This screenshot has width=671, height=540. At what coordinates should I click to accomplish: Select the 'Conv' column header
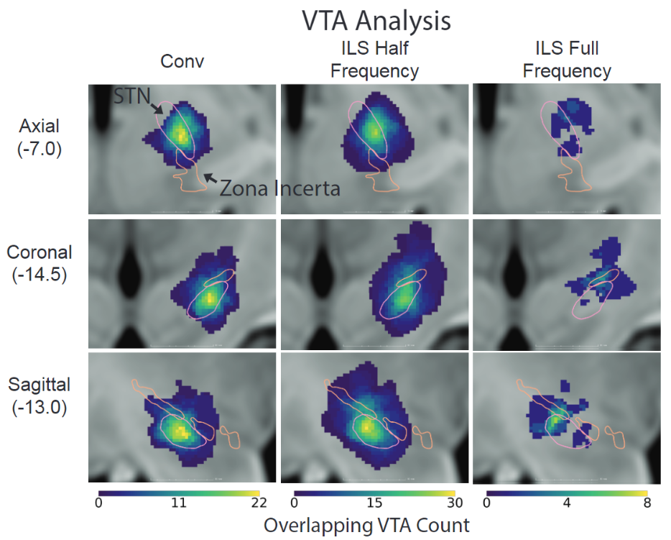tap(182, 61)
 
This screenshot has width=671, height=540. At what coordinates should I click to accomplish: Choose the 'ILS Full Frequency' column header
tap(567, 60)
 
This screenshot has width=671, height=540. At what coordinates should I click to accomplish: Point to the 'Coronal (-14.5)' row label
tap(40, 263)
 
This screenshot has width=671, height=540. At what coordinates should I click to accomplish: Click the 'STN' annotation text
tap(131, 96)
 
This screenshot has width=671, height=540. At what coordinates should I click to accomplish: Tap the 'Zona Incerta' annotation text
tap(279, 188)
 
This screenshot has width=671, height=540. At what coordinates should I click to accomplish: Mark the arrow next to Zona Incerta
tap(208, 178)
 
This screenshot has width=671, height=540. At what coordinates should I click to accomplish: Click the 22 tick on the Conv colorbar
tap(260, 503)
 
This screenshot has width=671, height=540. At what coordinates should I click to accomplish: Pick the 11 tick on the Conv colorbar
tap(179, 503)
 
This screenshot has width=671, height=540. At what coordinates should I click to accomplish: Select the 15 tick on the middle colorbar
tap(374, 503)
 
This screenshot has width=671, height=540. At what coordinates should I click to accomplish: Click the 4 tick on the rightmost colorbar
tap(567, 503)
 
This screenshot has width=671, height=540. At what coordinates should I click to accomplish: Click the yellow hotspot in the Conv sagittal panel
tap(178, 431)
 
